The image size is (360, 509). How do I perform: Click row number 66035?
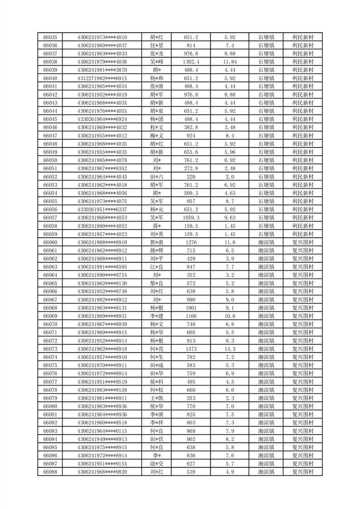50,37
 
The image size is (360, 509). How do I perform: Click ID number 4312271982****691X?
102,78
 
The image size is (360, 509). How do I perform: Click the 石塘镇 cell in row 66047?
266,136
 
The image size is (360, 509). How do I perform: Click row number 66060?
50,242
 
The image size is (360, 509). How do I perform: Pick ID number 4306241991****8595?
102,267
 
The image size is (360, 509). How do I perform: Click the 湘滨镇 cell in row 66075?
266,365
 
